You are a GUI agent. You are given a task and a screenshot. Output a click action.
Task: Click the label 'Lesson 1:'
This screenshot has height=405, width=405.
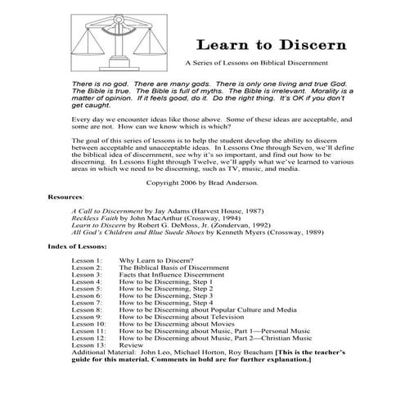point(87,260)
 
